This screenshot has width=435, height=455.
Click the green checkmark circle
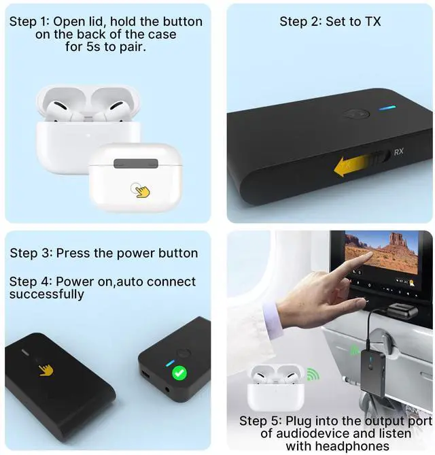click(179, 372)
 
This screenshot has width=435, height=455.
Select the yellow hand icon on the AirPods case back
click(141, 190)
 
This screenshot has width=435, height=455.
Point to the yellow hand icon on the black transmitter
click(46, 369)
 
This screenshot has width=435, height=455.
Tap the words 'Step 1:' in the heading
click(28, 22)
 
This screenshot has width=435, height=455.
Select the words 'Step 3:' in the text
click(31, 253)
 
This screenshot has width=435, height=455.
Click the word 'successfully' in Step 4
click(47, 294)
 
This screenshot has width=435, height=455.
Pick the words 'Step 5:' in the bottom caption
click(261, 421)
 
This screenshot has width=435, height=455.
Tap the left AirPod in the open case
click(58, 103)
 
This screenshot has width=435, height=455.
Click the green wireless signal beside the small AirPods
click(311, 375)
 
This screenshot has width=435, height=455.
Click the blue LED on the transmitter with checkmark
click(169, 363)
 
